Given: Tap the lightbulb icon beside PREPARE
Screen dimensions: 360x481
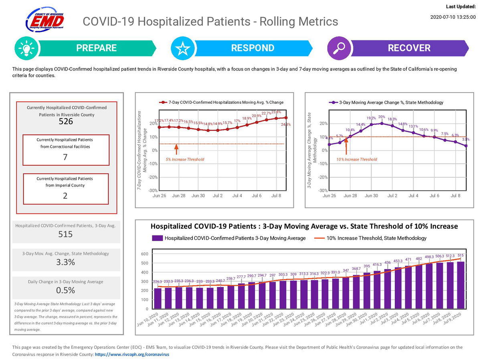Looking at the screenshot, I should point(25,48).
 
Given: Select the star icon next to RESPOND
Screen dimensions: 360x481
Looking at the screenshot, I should point(182,48).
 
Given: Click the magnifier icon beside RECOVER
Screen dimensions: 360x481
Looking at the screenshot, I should point(339,48).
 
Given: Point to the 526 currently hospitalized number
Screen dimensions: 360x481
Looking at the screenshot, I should point(66,121).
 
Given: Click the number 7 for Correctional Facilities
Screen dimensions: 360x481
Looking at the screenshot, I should point(66,157).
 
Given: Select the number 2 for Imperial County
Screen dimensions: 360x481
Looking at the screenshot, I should point(66,196).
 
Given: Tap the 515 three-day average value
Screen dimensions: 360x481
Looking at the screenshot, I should point(66,234).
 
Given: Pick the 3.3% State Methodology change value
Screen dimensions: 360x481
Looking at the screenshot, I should point(66,262).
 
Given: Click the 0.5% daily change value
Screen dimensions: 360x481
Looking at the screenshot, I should point(66,290).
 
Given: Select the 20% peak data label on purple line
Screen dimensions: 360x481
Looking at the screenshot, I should point(382,117).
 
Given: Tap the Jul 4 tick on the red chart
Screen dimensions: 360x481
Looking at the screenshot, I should point(237,196).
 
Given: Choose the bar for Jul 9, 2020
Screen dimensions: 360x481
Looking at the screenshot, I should point(461,285).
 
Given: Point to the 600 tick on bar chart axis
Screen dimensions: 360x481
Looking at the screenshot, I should point(145,254).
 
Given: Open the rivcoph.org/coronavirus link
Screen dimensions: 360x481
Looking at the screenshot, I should point(132,354).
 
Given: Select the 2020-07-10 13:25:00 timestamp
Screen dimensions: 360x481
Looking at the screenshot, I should point(453,17).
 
